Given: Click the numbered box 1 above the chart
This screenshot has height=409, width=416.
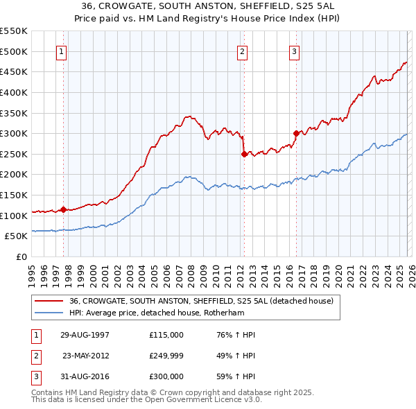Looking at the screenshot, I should [62, 51].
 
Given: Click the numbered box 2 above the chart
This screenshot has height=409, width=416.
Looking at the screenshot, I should [242, 51].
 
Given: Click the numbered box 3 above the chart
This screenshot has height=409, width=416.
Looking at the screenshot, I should [294, 51].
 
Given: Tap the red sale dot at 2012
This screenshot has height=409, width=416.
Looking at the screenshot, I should [244, 155].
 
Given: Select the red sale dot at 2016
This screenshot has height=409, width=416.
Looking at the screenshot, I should [296, 133].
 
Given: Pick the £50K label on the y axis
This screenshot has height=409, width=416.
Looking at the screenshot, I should [16, 236].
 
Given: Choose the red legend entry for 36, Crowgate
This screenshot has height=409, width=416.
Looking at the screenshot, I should [201, 301].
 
